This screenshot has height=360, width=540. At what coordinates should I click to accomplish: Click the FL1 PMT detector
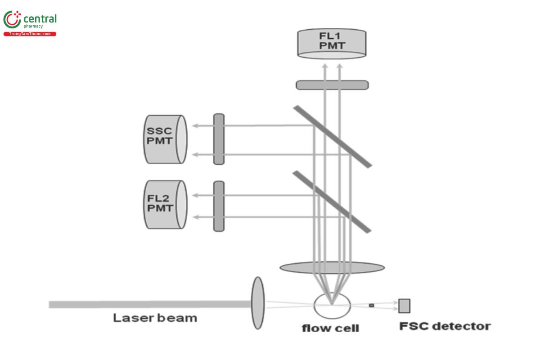pyautogui.click(x=332, y=44)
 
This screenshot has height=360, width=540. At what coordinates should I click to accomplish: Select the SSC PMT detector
pyautogui.click(x=165, y=139)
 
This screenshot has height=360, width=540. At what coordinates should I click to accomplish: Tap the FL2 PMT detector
pyautogui.click(x=165, y=205)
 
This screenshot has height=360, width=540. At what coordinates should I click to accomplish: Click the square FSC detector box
pyautogui.click(x=404, y=306)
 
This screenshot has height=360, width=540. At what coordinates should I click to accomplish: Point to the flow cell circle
pyautogui.click(x=332, y=306)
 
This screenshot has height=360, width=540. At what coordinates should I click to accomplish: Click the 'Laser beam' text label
pyautogui.click(x=155, y=318)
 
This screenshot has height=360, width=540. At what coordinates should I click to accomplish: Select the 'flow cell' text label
pyautogui.click(x=330, y=328)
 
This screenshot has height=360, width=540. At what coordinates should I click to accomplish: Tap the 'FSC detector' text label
pyautogui.click(x=445, y=326)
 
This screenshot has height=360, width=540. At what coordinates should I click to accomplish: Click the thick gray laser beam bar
pyautogui.click(x=148, y=305)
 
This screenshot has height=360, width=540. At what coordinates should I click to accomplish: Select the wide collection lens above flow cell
pyautogui.click(x=332, y=268)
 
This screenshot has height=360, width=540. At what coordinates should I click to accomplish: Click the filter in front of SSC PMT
pyautogui.click(x=219, y=139)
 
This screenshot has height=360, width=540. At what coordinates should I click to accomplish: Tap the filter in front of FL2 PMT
pyautogui.click(x=219, y=206)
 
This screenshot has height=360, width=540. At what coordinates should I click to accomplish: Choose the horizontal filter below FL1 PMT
pyautogui.click(x=332, y=85)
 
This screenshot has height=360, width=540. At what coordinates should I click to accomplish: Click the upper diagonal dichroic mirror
pyautogui.click(x=333, y=136)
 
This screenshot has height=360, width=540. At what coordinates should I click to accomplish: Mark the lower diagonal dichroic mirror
pyautogui.click(x=332, y=202)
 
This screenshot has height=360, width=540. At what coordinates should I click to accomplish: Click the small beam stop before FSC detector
pyautogui.click(x=371, y=306)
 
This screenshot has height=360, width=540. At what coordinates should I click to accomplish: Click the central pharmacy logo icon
pyautogui.click(x=12, y=20)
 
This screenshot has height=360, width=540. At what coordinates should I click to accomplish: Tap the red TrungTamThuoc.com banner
pyautogui.click(x=30, y=34)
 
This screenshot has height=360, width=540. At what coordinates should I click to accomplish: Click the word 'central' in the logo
pyautogui.click(x=40, y=18)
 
